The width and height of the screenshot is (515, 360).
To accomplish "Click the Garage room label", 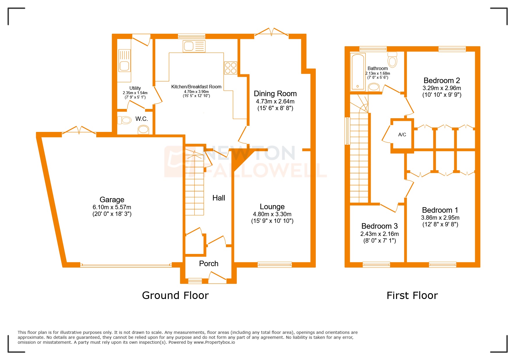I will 112,200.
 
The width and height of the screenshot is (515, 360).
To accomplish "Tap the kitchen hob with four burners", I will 230,68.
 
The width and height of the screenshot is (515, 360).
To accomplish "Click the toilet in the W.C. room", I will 124,120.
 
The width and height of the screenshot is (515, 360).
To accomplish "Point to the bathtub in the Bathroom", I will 357,71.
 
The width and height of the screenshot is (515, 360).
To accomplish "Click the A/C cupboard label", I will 402,135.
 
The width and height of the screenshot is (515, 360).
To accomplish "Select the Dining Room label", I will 275,94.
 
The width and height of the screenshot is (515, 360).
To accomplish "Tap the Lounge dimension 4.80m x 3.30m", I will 272,214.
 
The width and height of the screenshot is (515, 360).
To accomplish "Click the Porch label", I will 209,264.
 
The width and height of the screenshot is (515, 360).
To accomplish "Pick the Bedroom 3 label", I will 379,226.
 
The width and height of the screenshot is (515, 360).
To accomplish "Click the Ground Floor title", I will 175,295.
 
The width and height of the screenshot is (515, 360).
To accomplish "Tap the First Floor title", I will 412,295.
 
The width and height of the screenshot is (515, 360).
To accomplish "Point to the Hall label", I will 219,198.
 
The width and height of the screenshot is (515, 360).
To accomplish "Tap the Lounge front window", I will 274,264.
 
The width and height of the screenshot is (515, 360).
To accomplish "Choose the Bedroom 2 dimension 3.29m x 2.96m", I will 441,88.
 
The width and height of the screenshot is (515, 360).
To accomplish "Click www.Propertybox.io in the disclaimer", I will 214,342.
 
